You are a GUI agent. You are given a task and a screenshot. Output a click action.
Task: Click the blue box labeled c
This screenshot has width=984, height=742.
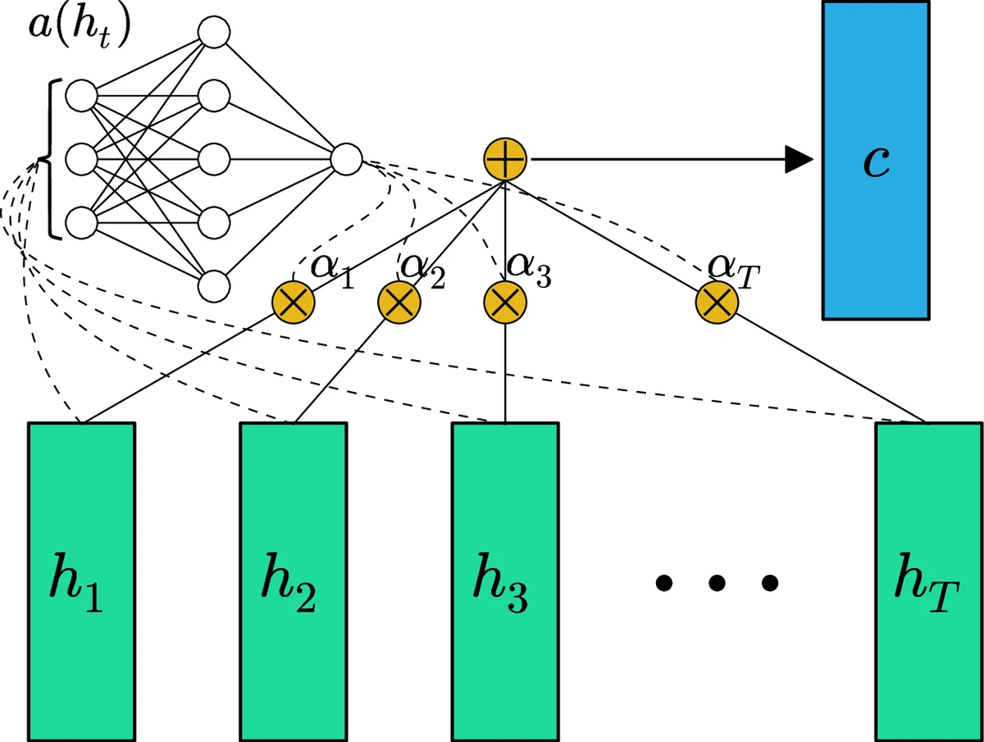(876, 160)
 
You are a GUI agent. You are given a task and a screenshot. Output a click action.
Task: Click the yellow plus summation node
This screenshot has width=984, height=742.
(505, 159)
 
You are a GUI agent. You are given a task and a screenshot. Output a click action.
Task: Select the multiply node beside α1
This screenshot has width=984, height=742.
(294, 302)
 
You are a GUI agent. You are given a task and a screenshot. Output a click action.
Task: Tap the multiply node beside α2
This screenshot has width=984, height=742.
(399, 302)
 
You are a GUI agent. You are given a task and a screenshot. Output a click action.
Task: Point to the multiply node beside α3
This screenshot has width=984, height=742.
(505, 302)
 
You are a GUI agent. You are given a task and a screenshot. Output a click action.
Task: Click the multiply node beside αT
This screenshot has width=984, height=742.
(717, 302)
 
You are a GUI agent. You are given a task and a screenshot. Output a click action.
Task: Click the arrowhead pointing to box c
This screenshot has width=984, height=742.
(796, 160)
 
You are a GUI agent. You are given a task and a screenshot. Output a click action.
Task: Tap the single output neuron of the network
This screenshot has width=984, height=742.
(346, 159)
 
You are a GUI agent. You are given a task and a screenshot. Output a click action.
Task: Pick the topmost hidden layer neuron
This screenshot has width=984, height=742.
(213, 32)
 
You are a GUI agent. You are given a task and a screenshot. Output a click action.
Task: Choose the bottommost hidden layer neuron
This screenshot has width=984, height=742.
(213, 286)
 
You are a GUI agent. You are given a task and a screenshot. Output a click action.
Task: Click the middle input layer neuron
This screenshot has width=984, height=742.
(81, 159)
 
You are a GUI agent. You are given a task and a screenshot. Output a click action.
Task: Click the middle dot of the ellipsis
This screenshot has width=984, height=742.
(717, 583)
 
